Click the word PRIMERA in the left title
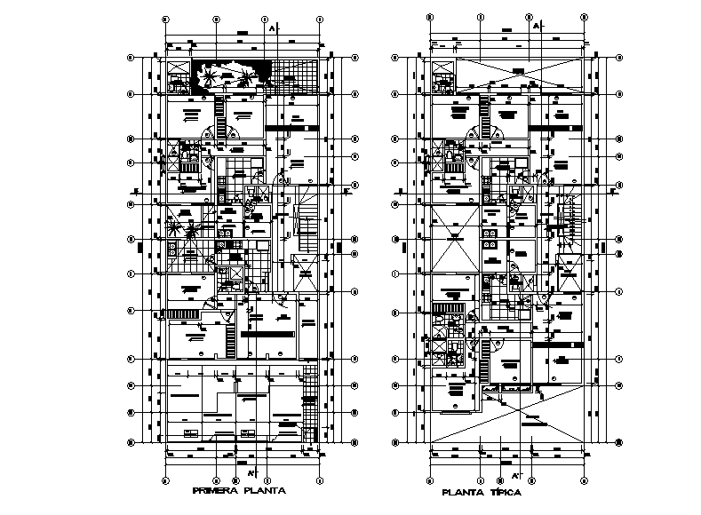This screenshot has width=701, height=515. coord(214,489)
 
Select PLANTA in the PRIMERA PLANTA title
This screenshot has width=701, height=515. coord(266,489)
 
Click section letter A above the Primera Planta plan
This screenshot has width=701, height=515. coord(270,28)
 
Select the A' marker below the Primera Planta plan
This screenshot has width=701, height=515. coord(251,471)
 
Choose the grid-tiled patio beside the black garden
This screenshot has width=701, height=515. coord(295,75)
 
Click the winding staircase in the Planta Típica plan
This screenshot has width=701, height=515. coord(567,222)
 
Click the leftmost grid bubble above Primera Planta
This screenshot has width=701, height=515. coord(166,18)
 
